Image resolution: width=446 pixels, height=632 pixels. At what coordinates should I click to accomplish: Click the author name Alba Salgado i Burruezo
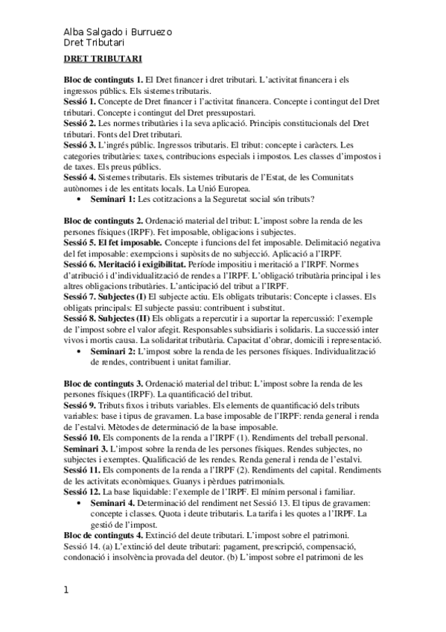click(118, 32)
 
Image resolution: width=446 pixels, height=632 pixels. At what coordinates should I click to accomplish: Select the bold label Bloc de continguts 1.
click(103, 79)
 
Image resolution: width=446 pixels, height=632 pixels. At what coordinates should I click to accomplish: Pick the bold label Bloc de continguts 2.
click(103, 221)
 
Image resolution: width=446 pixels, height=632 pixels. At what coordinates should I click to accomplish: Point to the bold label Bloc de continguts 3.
click(103, 384)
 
